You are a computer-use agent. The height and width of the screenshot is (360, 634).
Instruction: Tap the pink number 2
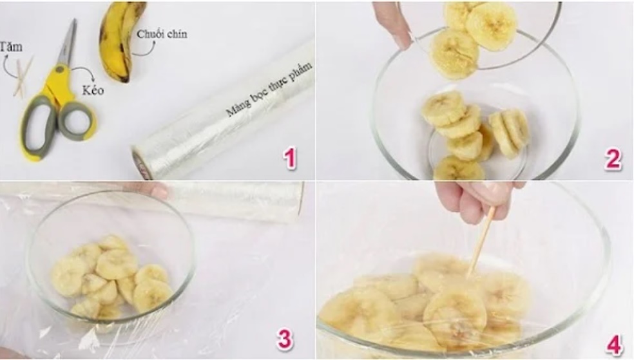point(613,159)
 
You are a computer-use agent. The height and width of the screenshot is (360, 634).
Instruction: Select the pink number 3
point(285,339)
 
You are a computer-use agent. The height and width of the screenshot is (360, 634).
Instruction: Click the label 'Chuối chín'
point(162,34)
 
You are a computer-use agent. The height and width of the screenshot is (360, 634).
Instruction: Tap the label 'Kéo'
point(93,90)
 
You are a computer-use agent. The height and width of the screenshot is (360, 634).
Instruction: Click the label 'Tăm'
point(11,46)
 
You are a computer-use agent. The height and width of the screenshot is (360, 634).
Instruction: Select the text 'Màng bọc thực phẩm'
point(269,89)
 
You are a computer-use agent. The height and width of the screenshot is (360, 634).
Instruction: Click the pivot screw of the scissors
point(60,70)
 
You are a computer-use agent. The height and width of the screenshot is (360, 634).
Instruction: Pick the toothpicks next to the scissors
point(23,77)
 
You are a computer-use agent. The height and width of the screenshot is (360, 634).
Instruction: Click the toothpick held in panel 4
point(481,242)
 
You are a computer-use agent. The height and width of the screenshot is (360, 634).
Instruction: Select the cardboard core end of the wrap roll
point(142,162)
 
